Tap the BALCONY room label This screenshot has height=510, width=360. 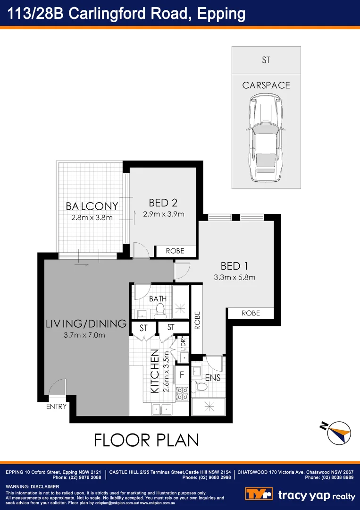coord(92,206)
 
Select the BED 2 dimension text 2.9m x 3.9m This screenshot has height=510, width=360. coord(163,214)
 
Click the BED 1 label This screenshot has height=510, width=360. coord(234,266)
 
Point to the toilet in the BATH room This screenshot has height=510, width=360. coord(160,309)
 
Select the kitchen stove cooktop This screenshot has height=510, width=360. coord(182,393)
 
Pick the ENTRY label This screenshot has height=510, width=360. coord(56,406)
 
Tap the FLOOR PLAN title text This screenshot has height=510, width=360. coord(146,440)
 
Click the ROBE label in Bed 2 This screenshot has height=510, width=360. coord(175,251)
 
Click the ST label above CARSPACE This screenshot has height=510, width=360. coord(266,60)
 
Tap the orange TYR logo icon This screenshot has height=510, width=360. coord(259,494)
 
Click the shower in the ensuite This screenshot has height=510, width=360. coord(208,406)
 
